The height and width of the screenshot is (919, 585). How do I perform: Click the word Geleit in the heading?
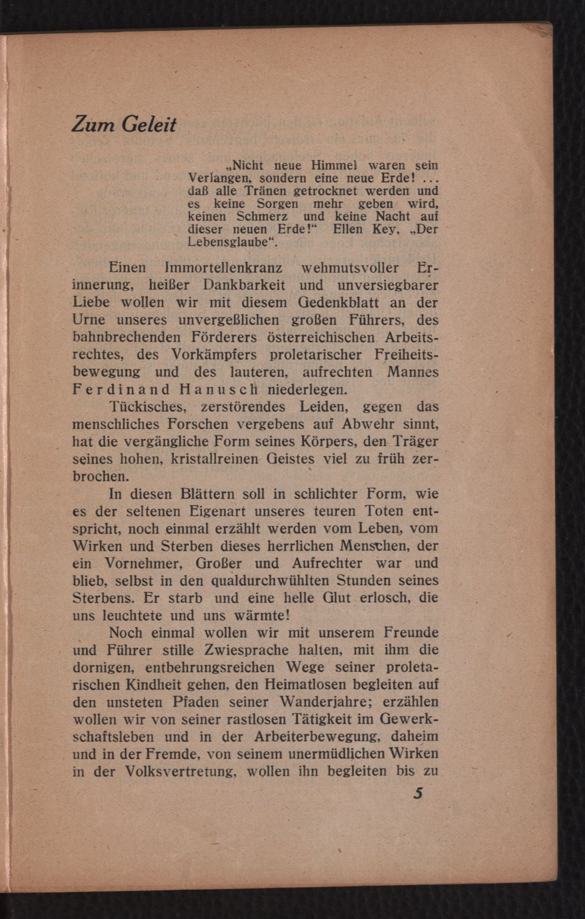click(149, 124)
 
